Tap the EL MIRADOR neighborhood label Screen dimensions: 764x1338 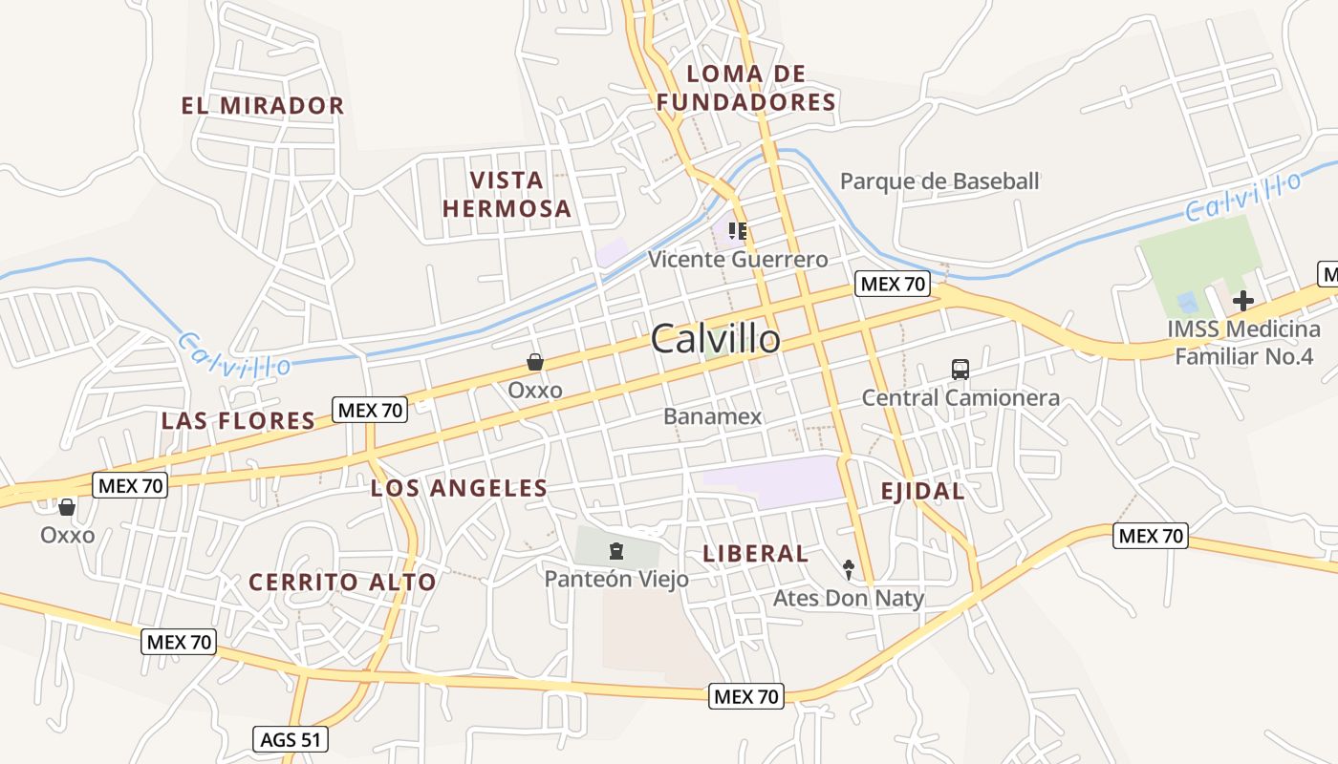coord(263,105)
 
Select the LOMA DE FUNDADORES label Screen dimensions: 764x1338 coord(746,88)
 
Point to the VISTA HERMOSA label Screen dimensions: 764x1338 coord(507,194)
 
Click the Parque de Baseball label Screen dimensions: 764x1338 coord(939,181)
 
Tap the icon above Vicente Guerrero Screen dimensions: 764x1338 coord(737,231)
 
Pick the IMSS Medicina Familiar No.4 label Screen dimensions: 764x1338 coord(1243,343)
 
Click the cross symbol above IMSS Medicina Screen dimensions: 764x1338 coord(1242,302)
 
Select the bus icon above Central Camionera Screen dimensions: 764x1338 coord(960,369)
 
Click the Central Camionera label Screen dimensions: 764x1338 coord(960,397)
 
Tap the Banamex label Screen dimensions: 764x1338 coord(713,416)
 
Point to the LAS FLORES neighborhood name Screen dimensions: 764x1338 coord(238,420)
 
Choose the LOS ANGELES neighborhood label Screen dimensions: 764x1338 coord(459,488)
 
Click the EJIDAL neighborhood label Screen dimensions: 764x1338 coord(922,491)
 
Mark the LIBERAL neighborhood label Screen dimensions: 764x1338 coord(755,553)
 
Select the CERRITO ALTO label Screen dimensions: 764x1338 coord(342,582)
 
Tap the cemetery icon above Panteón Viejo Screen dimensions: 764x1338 coord(616,551)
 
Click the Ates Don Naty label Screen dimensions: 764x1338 coord(849,599)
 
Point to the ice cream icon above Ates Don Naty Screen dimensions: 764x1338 coord(849,570)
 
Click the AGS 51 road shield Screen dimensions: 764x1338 coord(291,739)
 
